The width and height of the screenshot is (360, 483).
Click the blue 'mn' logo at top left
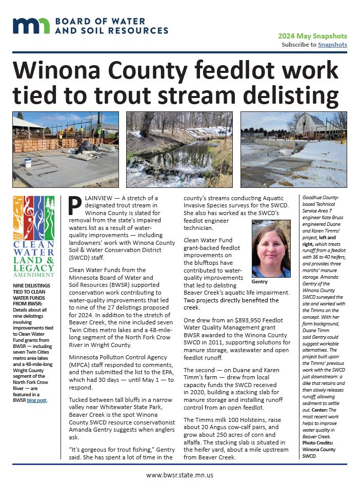coord(31,26)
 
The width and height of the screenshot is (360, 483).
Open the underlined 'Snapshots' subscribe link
coord(332,45)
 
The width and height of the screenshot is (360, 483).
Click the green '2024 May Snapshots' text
coord(312,36)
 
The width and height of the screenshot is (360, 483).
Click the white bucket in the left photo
coord(28,163)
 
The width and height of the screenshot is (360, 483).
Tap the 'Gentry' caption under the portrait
coord(261,282)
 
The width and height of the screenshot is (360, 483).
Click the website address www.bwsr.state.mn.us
coord(179,475)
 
